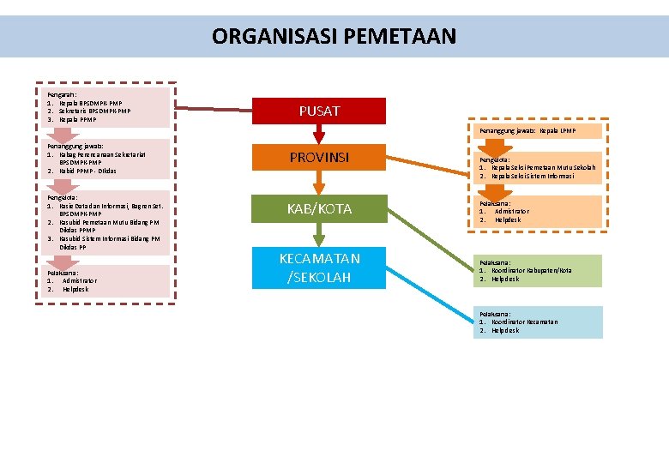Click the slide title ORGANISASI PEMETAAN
point(334,37)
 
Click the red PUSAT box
point(319,111)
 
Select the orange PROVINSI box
point(319,157)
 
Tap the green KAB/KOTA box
point(319,209)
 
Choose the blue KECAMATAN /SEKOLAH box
point(319,268)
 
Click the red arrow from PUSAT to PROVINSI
point(319,133)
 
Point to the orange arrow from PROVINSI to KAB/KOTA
point(319,183)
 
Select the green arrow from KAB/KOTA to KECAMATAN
point(319,234)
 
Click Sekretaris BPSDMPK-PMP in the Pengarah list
point(94,111)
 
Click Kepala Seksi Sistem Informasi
point(532,176)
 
